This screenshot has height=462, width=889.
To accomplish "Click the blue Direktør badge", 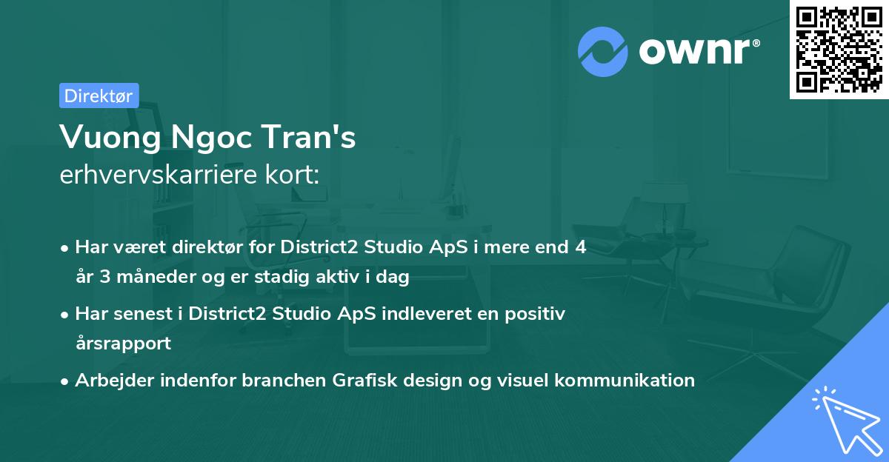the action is [x=99, y=96].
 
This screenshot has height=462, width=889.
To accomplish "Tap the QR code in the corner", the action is [x=839, y=50].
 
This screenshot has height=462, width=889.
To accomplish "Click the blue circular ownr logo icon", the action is [x=602, y=52].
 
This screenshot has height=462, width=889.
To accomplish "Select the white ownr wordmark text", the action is [x=695, y=51].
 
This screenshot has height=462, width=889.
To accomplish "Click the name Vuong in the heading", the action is [x=110, y=138].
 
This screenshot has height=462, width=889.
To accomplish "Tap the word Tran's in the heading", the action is [x=308, y=136].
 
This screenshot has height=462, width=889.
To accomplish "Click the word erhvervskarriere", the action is [x=159, y=174].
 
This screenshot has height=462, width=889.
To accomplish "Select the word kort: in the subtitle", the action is [x=292, y=174].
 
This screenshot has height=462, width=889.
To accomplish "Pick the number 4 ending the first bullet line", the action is [x=581, y=247].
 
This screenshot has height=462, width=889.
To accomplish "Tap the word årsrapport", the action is [x=124, y=344].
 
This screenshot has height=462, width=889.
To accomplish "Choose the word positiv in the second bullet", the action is [x=535, y=314].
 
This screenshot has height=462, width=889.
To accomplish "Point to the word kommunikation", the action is [x=625, y=380].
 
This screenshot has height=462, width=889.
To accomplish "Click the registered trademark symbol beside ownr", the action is [x=756, y=43].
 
